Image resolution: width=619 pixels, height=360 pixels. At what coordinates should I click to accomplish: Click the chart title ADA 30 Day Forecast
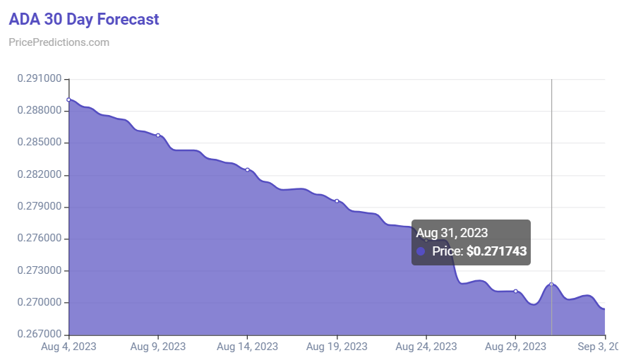[x=84, y=19]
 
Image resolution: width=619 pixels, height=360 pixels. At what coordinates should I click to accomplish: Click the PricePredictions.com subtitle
[x=59, y=42]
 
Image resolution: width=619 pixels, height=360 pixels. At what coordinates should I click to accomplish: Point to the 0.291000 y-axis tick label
[x=38, y=79]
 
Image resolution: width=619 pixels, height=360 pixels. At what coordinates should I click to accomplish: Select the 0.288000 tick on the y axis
[x=38, y=111]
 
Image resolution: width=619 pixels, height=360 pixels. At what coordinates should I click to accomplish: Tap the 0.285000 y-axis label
[x=38, y=143]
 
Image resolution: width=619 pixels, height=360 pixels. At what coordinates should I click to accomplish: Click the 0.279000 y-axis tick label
[x=38, y=207]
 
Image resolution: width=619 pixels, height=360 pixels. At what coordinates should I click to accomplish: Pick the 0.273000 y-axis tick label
[x=38, y=270]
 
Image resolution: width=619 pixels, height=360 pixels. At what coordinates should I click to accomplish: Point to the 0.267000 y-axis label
[x=38, y=335]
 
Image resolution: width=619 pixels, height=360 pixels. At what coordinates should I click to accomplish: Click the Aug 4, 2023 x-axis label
[x=68, y=347]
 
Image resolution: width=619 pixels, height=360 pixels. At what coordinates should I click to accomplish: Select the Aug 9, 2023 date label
[x=157, y=347]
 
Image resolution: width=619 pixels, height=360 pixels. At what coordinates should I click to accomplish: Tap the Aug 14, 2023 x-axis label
[x=247, y=347]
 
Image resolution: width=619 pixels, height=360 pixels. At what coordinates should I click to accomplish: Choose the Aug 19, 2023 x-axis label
[x=337, y=347]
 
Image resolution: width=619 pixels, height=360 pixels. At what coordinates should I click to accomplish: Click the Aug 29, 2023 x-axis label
[x=515, y=347]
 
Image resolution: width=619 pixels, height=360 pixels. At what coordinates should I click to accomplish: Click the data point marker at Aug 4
[x=68, y=100]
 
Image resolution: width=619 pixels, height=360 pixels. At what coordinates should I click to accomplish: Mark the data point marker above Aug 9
[x=157, y=136]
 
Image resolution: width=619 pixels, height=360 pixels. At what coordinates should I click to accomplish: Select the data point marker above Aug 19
[x=337, y=201]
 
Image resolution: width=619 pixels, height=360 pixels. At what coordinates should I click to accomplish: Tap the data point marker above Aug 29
[x=515, y=291]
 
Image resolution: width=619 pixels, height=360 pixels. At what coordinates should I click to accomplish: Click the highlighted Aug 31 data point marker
[x=551, y=284]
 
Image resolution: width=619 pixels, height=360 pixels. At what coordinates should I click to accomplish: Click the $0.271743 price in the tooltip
[x=496, y=251]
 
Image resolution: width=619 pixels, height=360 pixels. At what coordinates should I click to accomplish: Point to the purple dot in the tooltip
[x=421, y=251]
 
